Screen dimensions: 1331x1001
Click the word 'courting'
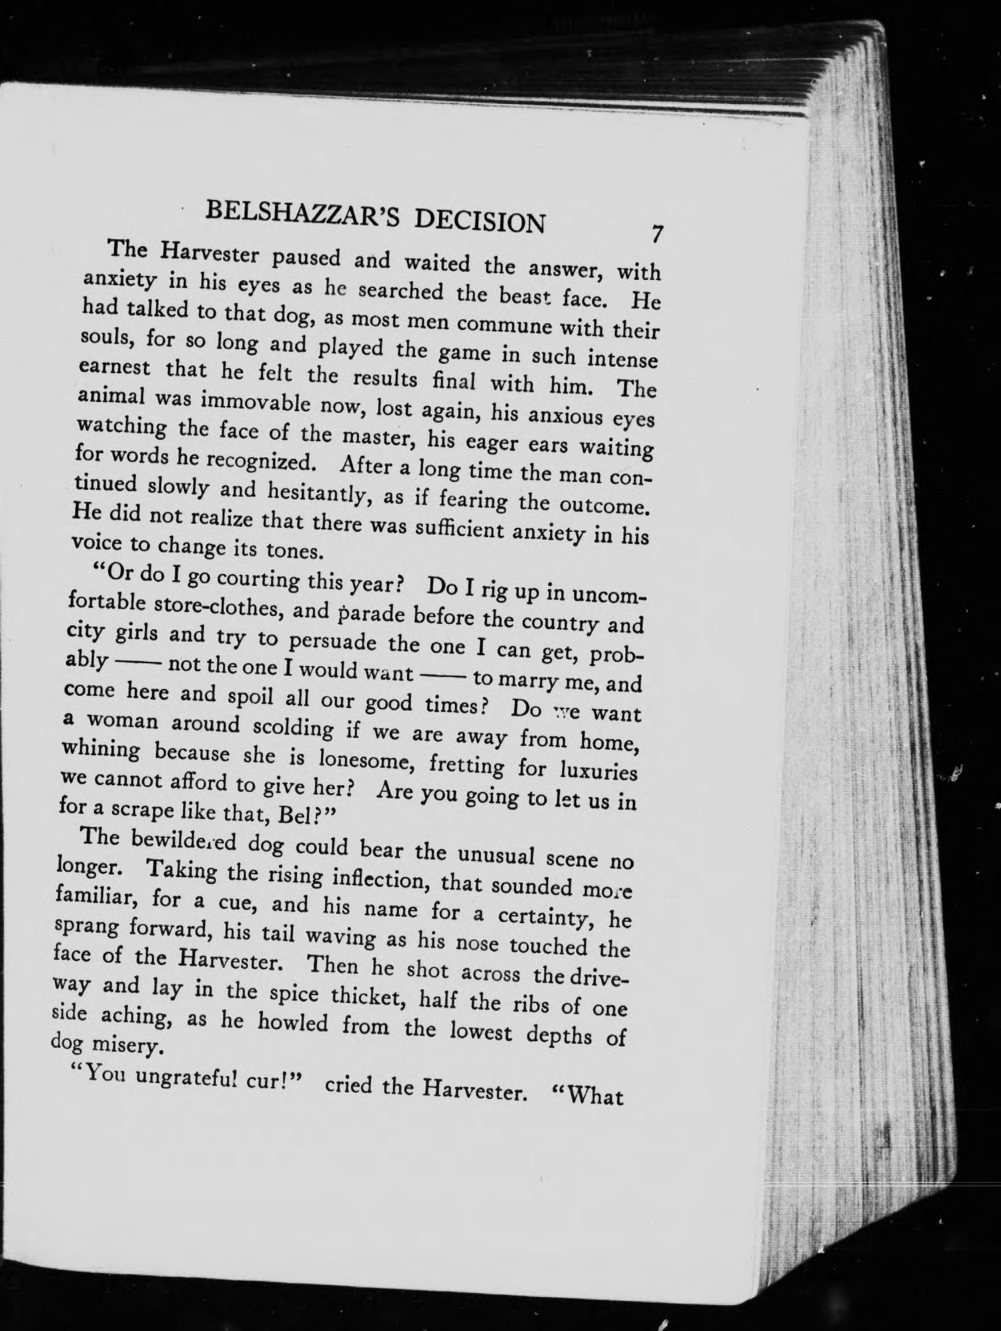click(x=255, y=578)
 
